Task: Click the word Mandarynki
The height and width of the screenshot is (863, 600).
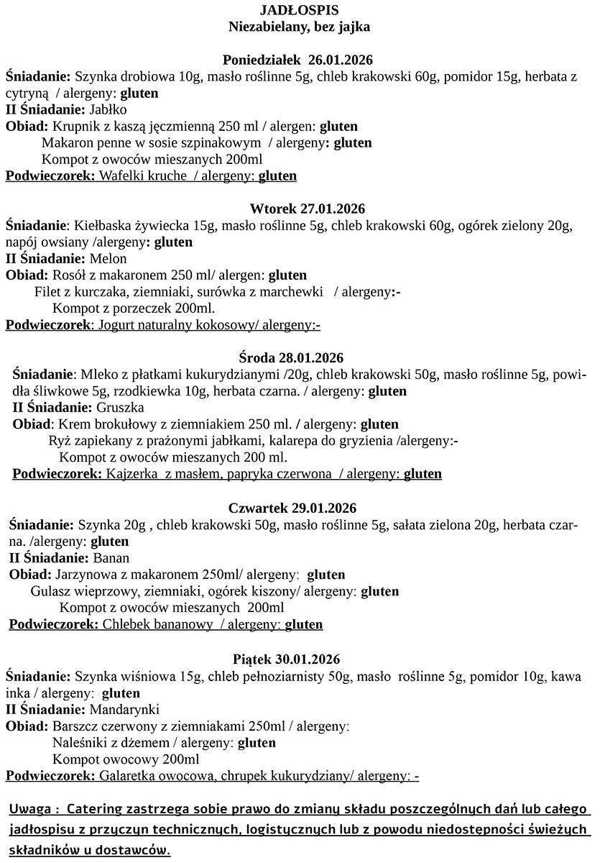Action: click(x=119, y=708)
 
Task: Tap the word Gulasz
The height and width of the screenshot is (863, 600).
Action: click(x=50, y=591)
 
